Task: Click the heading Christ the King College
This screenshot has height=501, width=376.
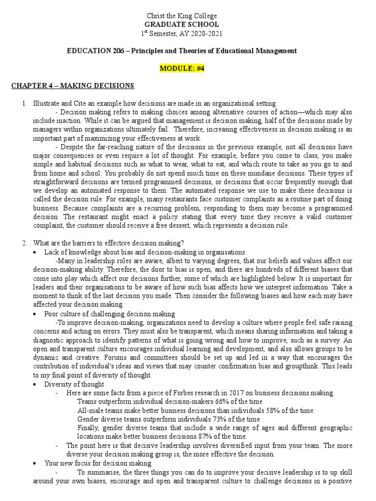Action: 188,16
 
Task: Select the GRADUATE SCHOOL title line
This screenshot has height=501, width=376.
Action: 188,24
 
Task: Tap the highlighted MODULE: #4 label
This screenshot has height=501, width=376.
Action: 182,68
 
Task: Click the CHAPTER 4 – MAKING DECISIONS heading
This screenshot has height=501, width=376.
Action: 72,86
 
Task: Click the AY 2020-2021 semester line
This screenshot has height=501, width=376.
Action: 188,33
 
